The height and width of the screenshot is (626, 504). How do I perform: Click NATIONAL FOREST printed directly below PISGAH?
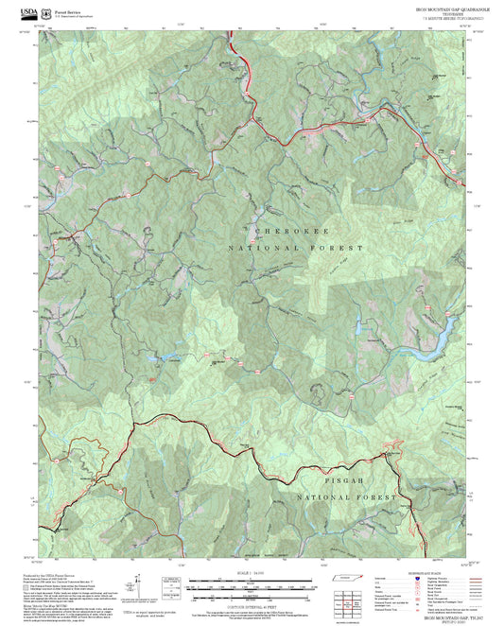coord(345,497)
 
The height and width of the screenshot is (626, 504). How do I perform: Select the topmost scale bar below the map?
coord(251,580)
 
